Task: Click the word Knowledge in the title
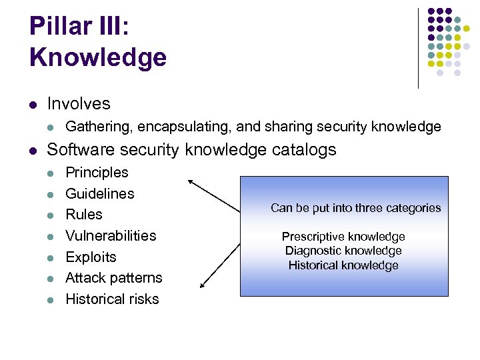click(97, 57)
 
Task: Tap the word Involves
click(79, 104)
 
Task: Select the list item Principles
click(97, 173)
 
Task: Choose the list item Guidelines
click(99, 194)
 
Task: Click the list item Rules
click(84, 215)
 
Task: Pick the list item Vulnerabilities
click(111, 236)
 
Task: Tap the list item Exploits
click(91, 257)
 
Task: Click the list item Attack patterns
click(113, 278)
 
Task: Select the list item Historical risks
click(112, 299)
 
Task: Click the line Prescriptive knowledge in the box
click(343, 237)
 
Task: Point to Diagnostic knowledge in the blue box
click(343, 251)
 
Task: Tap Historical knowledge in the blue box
click(343, 265)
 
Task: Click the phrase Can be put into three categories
click(355, 208)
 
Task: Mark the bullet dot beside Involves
click(33, 105)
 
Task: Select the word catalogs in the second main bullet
click(305, 150)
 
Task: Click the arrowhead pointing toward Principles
click(191, 181)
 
